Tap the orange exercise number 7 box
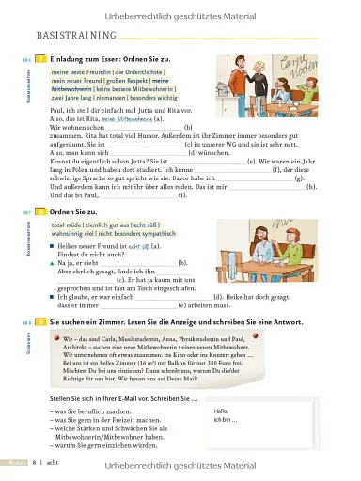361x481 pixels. [40, 58]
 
